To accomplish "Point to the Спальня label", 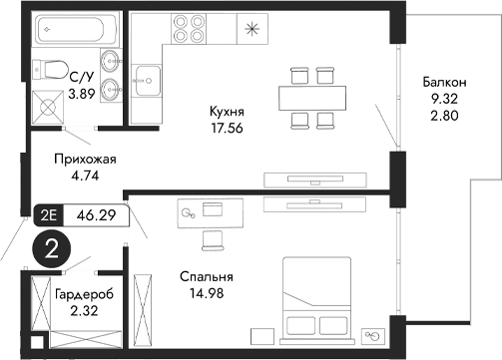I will pos(207,277).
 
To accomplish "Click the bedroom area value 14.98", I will pos(207,293).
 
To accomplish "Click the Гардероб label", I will pos(82,295).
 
